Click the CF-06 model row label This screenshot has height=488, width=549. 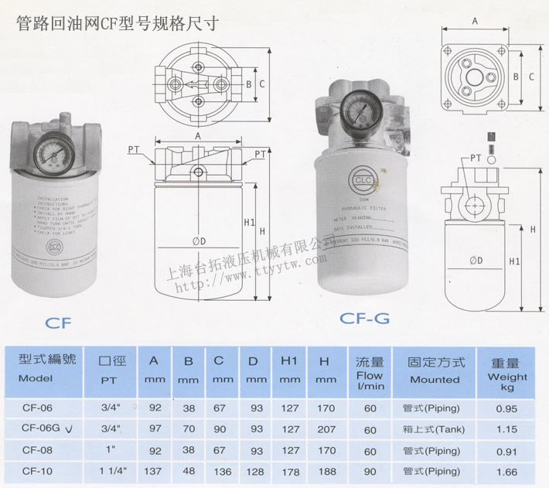pos(37,408)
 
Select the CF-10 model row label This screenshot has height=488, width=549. pos(37,469)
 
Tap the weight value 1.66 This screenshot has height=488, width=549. pos(507,469)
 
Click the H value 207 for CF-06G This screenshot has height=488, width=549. pos(326,428)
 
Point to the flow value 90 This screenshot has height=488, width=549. pos(370,469)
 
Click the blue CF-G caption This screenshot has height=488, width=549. pos(365,317)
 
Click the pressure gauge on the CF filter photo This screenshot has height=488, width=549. pos(55,150)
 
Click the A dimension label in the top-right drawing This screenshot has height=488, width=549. pos(475,23)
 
